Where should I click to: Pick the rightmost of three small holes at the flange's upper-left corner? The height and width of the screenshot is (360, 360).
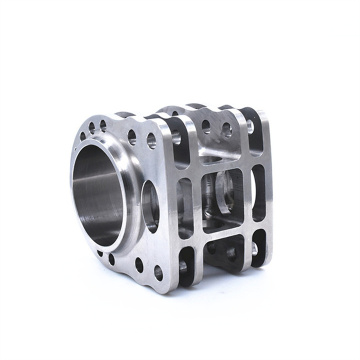tap(101, 126)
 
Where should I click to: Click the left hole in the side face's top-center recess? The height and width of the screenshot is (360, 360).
tap(204, 126)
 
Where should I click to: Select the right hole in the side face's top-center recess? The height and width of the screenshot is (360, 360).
tap(225, 129)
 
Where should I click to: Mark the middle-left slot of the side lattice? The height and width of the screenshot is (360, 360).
tap(185, 196)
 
